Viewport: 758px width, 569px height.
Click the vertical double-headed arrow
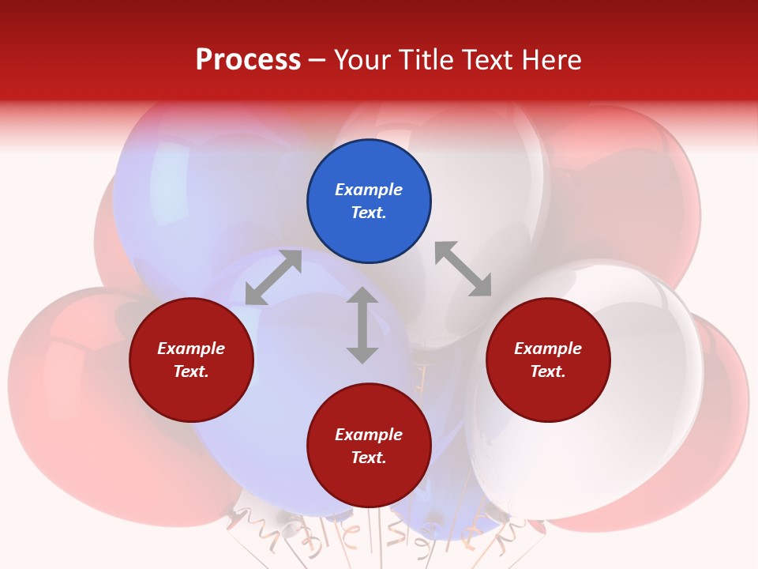(362, 325)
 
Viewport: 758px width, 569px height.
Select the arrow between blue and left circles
(273, 277)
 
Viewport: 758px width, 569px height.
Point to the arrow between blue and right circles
(463, 269)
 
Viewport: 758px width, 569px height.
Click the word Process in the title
(248, 59)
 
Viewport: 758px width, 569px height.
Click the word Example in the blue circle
(369, 190)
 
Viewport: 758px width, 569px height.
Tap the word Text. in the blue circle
(369, 213)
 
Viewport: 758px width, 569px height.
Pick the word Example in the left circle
(191, 349)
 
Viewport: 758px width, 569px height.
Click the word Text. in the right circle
(548, 371)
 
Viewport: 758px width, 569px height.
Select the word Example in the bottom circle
(369, 435)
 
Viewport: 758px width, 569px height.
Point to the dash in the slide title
(317, 60)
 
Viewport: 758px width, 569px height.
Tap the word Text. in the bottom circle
(369, 458)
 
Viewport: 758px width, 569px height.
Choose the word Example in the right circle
(548, 349)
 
